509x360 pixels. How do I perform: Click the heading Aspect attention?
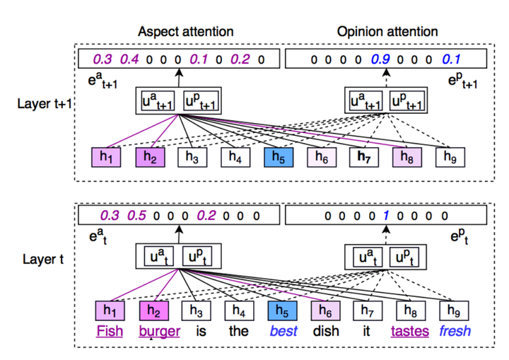coord(185,32)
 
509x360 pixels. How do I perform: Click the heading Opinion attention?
coord(387,32)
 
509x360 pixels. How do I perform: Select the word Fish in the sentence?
coord(110,331)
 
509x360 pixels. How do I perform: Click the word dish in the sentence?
coord(324,331)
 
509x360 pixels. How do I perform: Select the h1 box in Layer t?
coord(109,310)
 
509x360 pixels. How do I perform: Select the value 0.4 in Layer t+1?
coord(129,60)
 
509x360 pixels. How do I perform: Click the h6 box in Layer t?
coord(323,310)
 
